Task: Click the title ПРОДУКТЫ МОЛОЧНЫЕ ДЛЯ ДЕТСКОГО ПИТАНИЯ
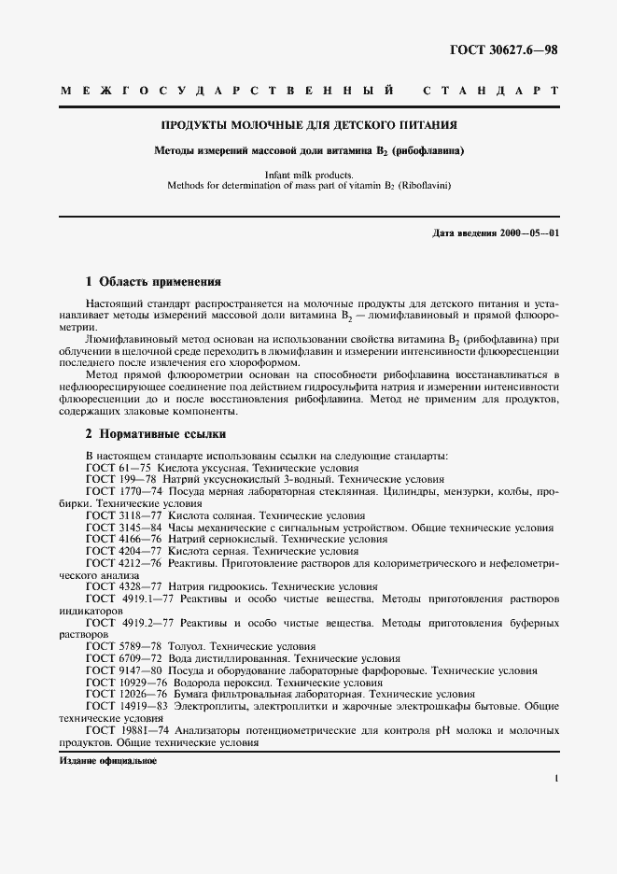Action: tap(309, 124)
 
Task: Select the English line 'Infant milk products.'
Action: tap(309, 175)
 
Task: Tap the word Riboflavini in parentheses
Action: tap(425, 186)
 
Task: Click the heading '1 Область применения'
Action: tap(153, 280)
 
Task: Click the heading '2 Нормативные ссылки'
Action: tap(155, 434)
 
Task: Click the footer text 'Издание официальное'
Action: tap(107, 761)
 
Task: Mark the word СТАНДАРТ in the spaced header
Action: tap(490, 91)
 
